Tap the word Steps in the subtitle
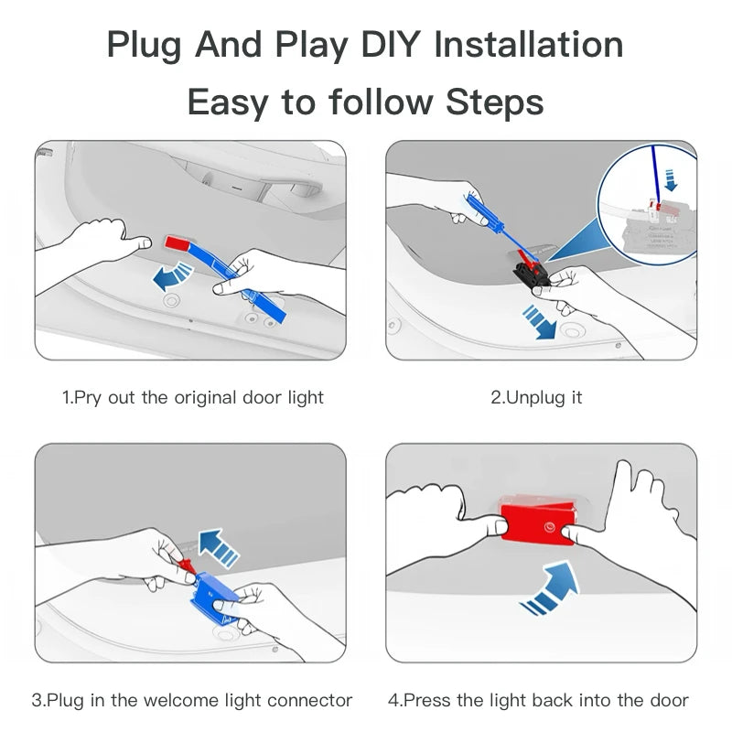click(x=495, y=102)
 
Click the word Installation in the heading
click(x=529, y=45)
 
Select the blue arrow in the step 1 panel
click(x=172, y=276)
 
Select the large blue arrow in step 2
click(x=539, y=322)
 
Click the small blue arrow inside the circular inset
click(x=670, y=180)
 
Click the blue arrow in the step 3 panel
click(x=218, y=547)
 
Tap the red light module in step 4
click(x=538, y=522)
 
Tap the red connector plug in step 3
click(x=187, y=565)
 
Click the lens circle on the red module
click(x=550, y=528)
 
